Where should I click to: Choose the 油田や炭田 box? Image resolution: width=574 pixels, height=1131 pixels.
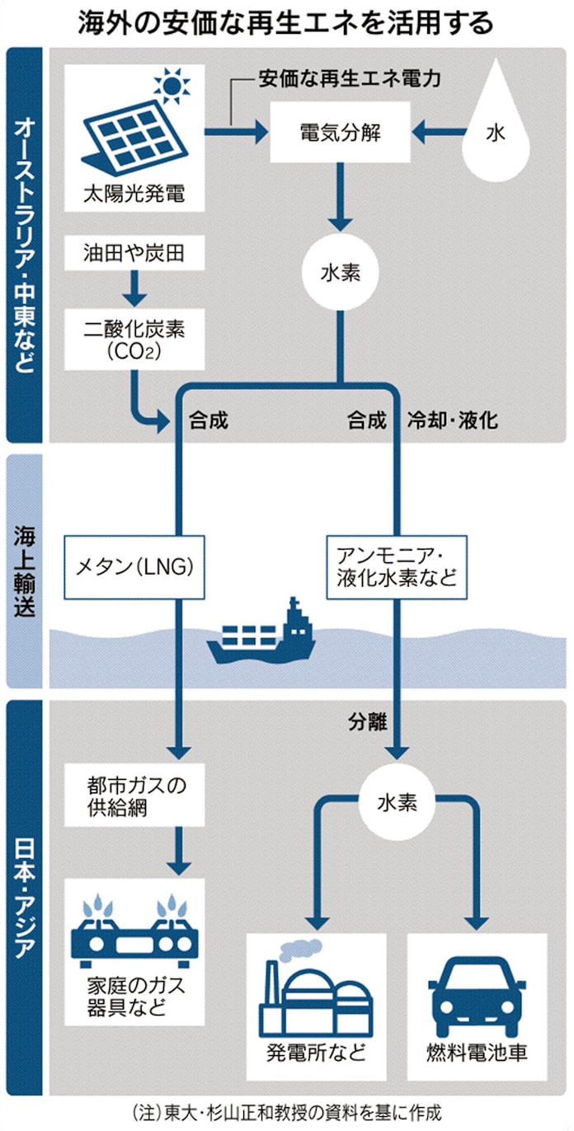[134, 254]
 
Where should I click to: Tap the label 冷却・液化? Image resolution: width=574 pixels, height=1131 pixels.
[452, 420]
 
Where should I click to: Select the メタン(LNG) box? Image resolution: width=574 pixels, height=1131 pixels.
[134, 567]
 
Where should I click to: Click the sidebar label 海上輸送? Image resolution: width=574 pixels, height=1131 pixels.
[25, 569]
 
